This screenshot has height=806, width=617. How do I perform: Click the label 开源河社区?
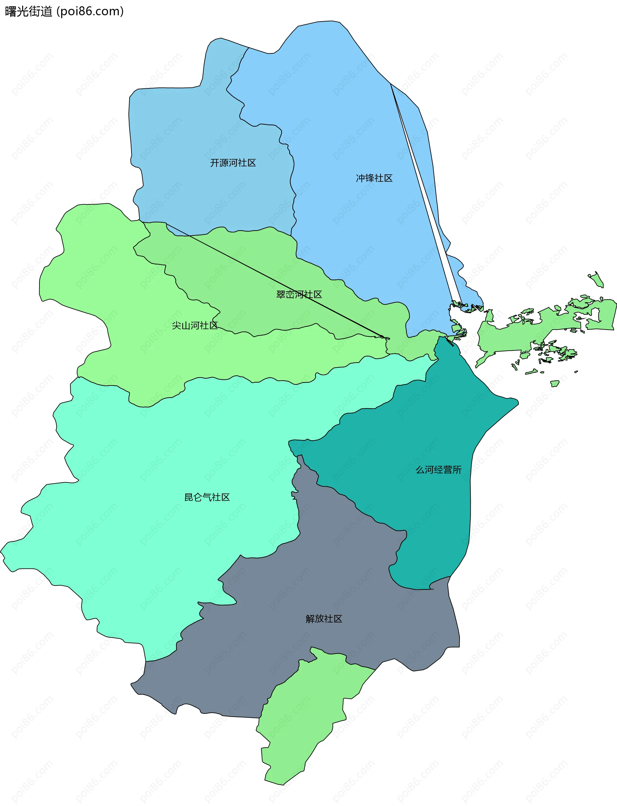(233, 163)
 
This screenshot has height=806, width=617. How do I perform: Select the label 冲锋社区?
(374, 178)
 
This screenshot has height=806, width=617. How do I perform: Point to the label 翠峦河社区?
(299, 294)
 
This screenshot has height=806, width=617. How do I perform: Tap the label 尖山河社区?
(195, 325)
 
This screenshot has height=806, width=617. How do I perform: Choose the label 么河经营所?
(439, 469)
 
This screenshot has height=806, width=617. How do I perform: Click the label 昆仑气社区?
(207, 497)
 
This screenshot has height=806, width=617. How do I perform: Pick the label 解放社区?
(324, 619)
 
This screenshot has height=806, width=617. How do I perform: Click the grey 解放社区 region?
(257, 661)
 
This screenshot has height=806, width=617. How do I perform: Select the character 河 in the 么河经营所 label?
(429, 469)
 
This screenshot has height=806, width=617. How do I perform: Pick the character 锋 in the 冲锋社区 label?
(370, 178)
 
